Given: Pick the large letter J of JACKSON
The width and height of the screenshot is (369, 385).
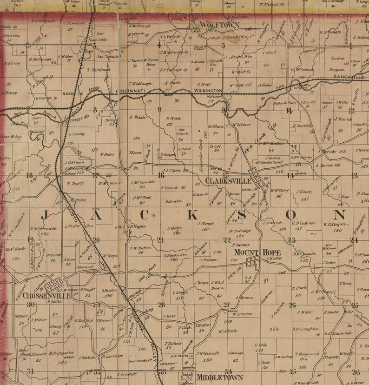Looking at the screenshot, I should tap(47, 215).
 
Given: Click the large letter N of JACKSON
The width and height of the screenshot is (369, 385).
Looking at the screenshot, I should tap(340, 215).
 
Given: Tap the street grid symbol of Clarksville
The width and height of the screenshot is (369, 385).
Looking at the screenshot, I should tap(256, 177).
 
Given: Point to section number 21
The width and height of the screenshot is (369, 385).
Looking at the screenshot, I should tap(160, 240).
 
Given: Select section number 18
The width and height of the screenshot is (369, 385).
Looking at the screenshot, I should tap(30, 175).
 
